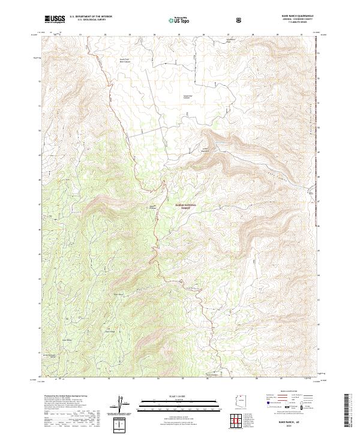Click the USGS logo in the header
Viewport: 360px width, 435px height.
pos(55,19)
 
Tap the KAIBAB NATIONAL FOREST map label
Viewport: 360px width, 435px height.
pos(187,206)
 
